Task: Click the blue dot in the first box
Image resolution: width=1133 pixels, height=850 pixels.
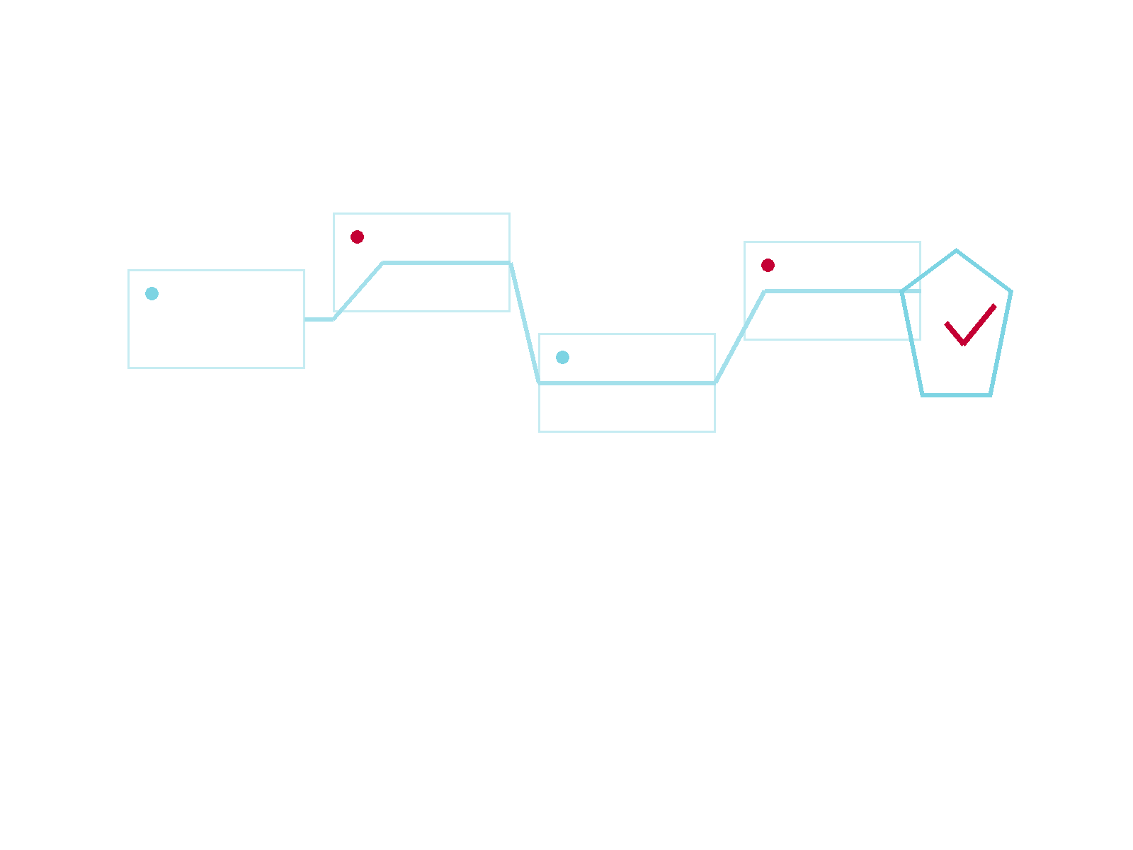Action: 152,293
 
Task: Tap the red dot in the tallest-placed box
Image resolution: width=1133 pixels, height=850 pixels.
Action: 357,237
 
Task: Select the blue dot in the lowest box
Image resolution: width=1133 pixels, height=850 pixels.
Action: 562,357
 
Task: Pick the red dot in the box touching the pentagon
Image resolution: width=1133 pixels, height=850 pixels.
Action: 768,265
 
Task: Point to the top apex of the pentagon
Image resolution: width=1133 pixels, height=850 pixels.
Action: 956,251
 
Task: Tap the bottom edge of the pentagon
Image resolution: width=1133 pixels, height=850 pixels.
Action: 956,395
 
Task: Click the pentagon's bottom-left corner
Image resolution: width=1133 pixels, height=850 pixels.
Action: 923,395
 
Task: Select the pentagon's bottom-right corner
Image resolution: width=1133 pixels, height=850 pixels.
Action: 990,395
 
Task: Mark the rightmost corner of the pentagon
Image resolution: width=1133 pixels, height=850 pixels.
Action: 1010,292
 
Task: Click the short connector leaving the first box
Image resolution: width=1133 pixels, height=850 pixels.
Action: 319,319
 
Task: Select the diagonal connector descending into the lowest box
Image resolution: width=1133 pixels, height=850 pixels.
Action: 525,323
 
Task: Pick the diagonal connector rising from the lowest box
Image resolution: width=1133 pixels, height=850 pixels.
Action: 736,343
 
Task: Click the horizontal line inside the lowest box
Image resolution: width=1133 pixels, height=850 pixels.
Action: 627,383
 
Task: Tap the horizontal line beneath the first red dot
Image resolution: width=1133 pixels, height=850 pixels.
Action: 446,263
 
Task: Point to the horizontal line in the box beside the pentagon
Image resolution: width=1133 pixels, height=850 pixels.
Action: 832,291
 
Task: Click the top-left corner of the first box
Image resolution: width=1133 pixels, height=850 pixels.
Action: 129,271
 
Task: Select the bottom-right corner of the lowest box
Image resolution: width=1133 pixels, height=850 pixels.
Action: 714,431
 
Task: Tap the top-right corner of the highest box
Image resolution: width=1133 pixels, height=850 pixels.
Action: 509,214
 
